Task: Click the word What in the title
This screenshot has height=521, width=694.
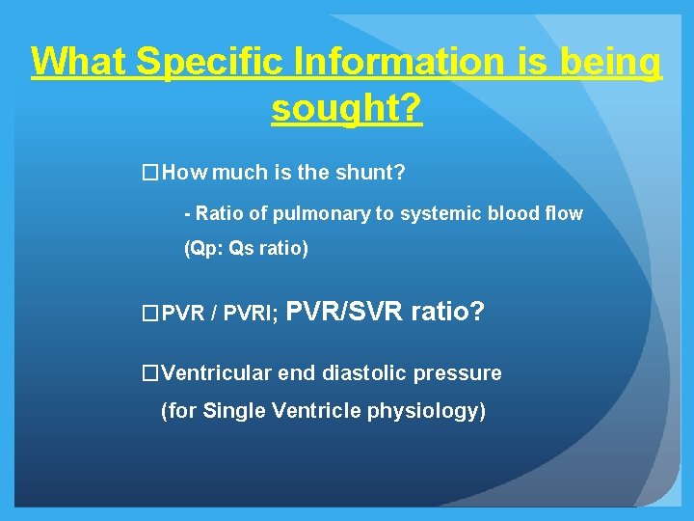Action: tap(79, 63)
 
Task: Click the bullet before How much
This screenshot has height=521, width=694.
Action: tap(148, 174)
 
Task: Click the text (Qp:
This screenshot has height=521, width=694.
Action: tap(203, 249)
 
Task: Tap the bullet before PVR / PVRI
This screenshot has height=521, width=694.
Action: tap(148, 314)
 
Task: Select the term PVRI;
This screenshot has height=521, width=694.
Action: tap(254, 314)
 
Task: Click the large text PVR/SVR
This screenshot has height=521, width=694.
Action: tap(347, 312)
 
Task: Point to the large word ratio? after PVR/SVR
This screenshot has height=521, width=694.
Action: tap(448, 312)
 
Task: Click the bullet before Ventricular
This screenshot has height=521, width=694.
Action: tap(148, 373)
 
